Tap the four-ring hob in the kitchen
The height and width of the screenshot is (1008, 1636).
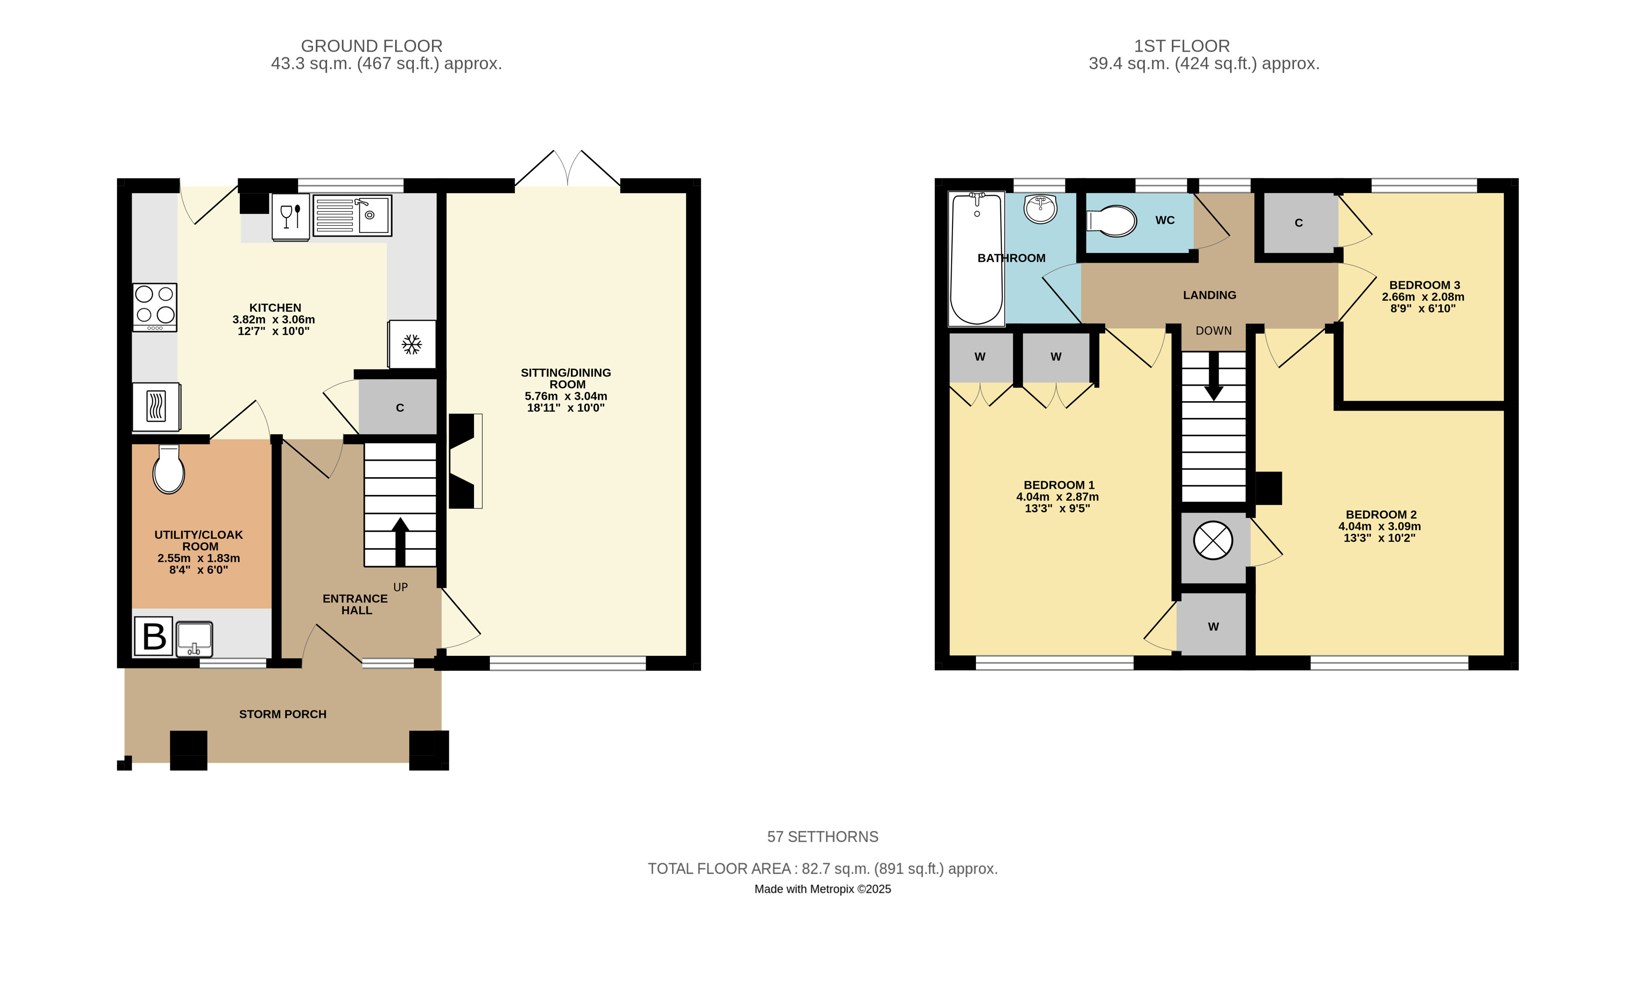point(155,307)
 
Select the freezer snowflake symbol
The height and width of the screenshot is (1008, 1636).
point(412,345)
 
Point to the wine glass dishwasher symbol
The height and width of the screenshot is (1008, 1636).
point(291,217)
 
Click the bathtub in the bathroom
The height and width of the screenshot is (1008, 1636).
point(977,259)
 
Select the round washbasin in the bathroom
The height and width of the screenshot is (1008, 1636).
point(1041,209)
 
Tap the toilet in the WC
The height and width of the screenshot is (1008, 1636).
point(1112,221)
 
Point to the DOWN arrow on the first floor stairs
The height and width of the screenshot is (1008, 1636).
point(1214,376)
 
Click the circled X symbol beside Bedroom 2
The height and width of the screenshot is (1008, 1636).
point(1213,540)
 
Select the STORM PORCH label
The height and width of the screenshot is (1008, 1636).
point(283,714)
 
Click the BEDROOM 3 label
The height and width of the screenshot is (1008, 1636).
point(1425,285)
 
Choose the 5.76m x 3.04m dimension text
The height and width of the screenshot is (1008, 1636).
point(566,396)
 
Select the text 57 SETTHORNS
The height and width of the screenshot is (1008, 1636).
point(823,837)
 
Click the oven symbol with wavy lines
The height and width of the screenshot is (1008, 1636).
point(156,406)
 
